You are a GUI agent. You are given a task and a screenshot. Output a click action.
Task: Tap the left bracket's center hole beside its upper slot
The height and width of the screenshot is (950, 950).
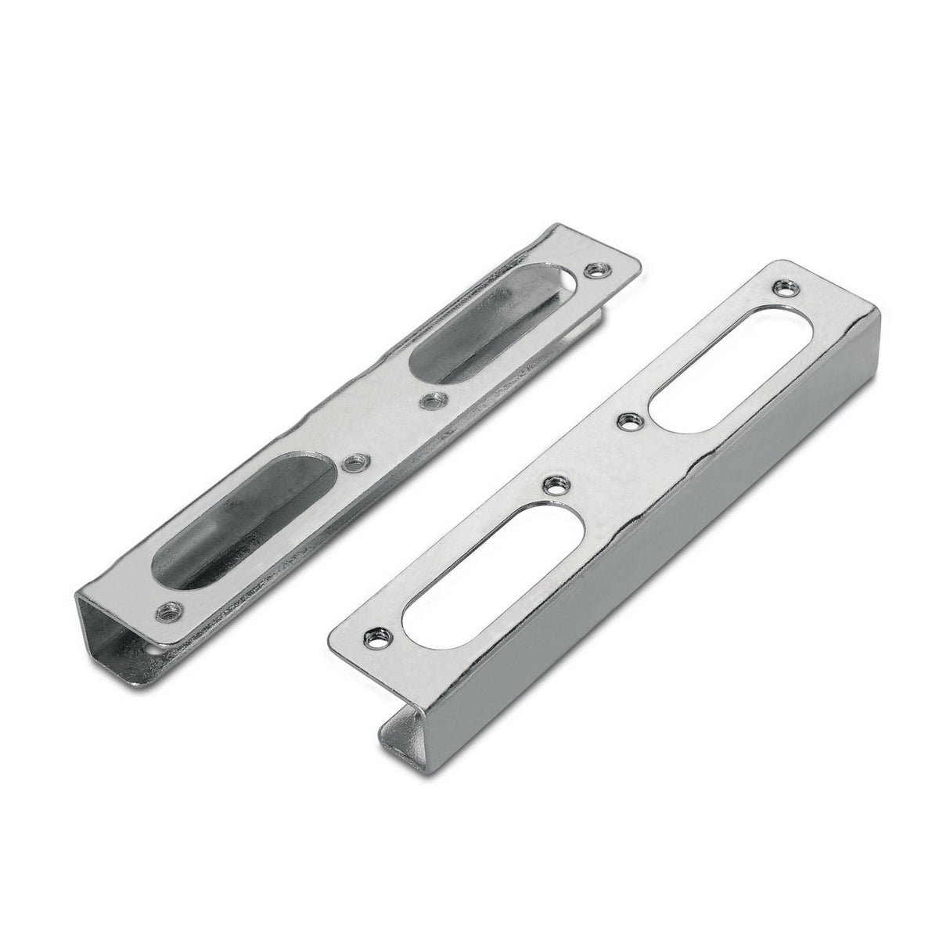coord(428,401)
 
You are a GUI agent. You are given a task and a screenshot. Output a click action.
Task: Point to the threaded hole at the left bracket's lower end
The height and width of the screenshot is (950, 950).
coord(166,608)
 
